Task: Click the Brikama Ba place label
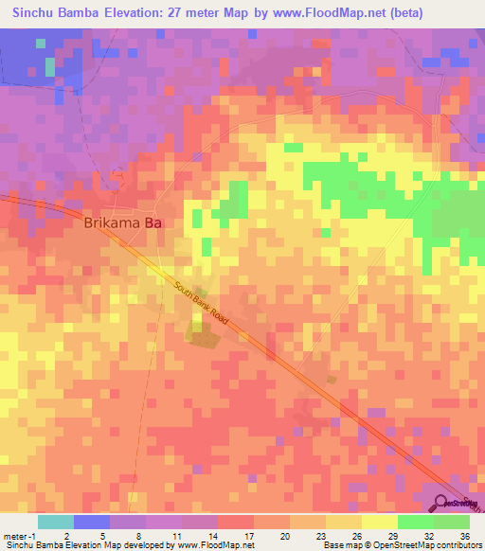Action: coord(125,224)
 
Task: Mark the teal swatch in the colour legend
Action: coord(56,522)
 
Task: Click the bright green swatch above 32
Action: coord(415,522)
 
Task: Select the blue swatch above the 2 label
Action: coord(92,522)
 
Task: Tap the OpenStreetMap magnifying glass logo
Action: coord(442,502)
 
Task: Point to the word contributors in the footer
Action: coord(458,545)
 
